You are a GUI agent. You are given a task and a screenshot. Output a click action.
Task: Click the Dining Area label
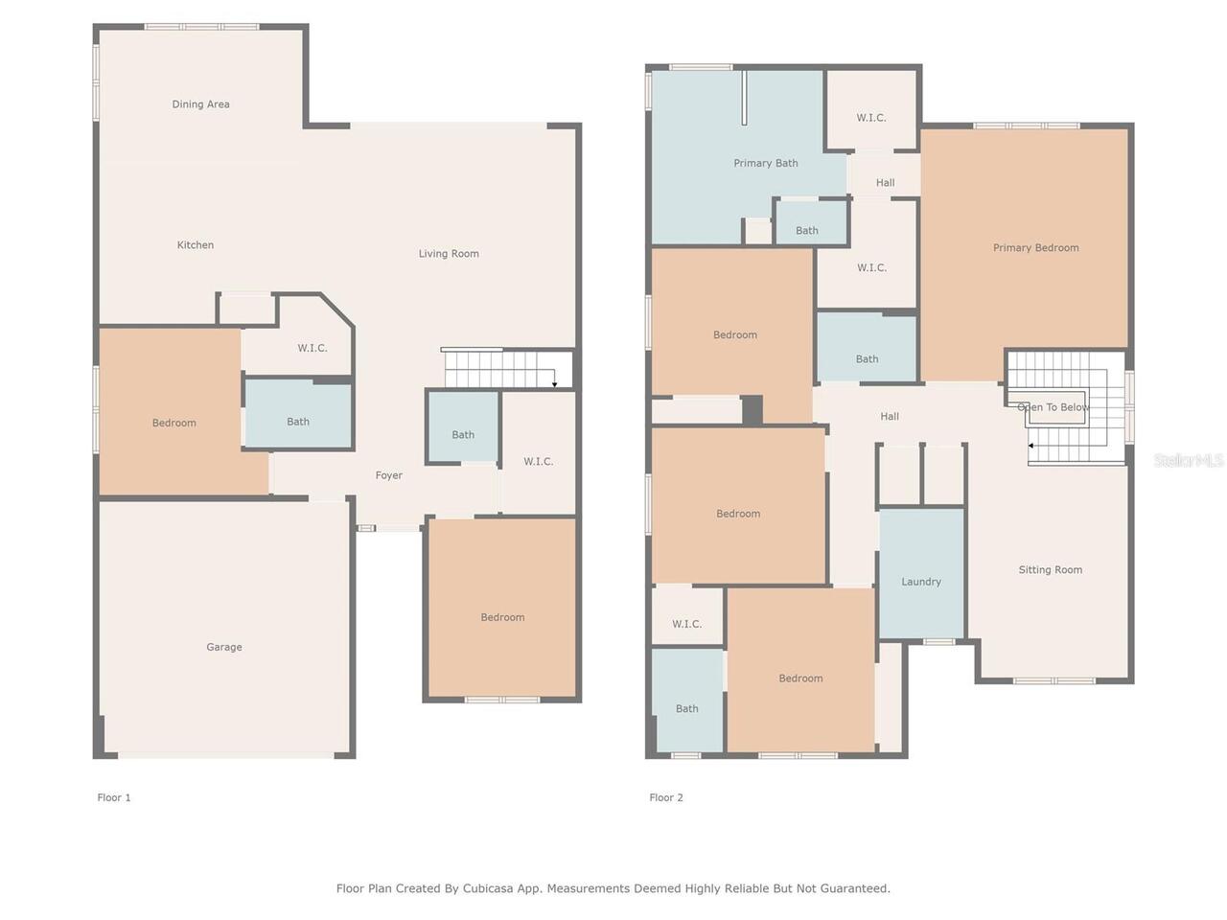tap(200, 103)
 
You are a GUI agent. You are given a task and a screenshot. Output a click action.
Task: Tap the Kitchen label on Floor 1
tap(196, 244)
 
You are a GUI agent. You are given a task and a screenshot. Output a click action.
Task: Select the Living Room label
tap(449, 254)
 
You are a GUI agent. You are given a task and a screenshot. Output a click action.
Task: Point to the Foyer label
tap(388, 475)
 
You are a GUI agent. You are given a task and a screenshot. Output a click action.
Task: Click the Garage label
tap(224, 647)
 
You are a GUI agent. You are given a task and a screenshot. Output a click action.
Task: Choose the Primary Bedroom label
tap(1035, 248)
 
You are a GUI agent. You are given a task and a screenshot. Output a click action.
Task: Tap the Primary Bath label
tap(765, 163)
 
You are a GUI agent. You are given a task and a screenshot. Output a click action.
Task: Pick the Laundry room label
tap(920, 582)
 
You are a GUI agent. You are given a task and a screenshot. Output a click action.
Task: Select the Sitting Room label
tap(1050, 570)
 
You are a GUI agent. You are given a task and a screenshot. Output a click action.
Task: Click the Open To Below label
tap(1053, 407)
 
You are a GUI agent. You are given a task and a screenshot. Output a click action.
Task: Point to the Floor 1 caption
tap(113, 797)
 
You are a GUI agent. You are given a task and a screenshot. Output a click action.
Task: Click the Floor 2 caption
tap(666, 797)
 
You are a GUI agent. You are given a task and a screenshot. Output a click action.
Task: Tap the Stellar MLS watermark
tap(1189, 460)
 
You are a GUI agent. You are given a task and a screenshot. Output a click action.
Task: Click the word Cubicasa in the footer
tap(488, 888)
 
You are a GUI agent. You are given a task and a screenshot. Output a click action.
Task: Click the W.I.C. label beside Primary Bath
tap(871, 118)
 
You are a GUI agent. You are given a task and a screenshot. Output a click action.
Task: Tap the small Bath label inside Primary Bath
tap(806, 231)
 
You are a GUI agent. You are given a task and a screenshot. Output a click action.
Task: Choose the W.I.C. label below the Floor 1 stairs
tap(538, 461)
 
